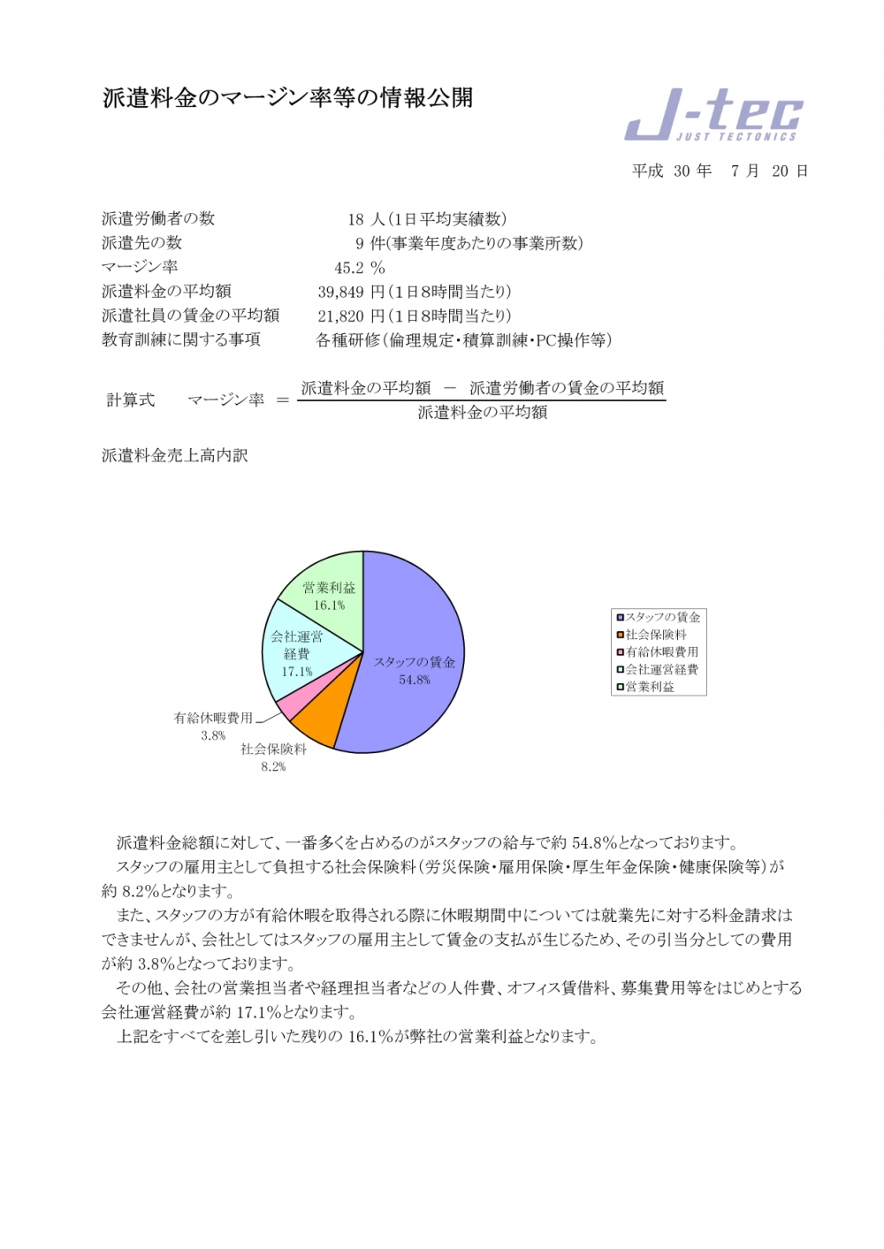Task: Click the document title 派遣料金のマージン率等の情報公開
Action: pyautogui.click(x=287, y=97)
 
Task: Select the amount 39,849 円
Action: pyautogui.click(x=351, y=292)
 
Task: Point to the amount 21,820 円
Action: pyautogui.click(x=351, y=316)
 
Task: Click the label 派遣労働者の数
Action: pyautogui.click(x=158, y=219)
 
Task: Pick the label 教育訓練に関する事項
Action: pyautogui.click(x=181, y=339)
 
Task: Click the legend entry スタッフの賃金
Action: pyautogui.click(x=662, y=617)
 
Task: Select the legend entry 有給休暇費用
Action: pyautogui.click(x=661, y=651)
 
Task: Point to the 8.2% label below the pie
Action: pyautogui.click(x=273, y=767)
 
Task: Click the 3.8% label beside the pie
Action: pyautogui.click(x=213, y=735)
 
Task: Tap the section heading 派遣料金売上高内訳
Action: pyautogui.click(x=175, y=455)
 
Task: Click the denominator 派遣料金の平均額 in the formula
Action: pyautogui.click(x=482, y=412)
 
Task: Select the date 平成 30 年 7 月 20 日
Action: pyautogui.click(x=720, y=171)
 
